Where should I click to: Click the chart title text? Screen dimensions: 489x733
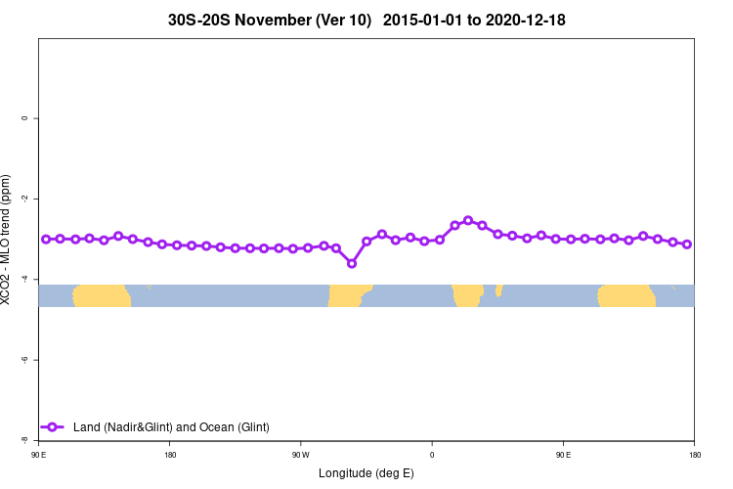tap(366, 20)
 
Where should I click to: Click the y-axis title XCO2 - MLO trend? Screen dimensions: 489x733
tap(7, 240)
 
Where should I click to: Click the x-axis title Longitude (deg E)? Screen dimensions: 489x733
tap(366, 473)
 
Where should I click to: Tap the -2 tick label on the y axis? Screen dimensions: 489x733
tap(24, 199)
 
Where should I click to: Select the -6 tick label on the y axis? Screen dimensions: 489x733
tap(24, 360)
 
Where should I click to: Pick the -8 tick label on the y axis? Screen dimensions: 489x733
tap(24, 440)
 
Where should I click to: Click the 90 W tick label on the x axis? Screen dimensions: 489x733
tap(300, 454)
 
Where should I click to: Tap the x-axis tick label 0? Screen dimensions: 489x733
tap(432, 454)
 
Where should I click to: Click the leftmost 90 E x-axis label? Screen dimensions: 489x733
tap(38, 454)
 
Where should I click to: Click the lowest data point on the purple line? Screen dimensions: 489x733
tap(352, 263)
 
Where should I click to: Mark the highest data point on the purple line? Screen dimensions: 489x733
tap(468, 221)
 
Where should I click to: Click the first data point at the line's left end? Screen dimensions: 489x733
tap(46, 239)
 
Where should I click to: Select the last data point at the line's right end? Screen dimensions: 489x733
tap(687, 244)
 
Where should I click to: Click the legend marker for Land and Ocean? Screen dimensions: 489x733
tap(53, 427)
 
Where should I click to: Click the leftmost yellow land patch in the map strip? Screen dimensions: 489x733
tap(102, 295)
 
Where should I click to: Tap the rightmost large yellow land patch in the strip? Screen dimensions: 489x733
tap(626, 295)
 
